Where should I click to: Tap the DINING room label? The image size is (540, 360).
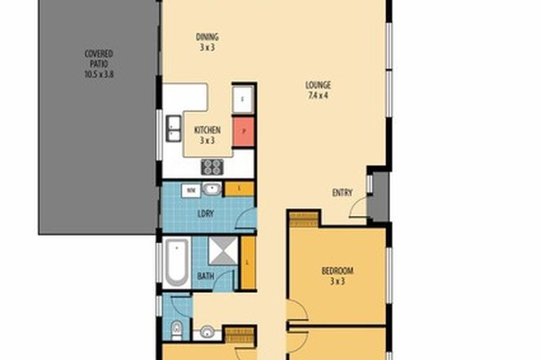point(207,36)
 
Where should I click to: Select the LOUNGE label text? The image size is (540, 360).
point(319,84)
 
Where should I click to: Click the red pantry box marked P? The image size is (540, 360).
point(242,132)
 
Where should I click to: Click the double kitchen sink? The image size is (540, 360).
point(174,127)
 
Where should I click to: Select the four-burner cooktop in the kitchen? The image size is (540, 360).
point(212,167)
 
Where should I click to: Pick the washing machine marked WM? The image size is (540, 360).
point(190,190)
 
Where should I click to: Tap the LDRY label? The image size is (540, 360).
point(206,215)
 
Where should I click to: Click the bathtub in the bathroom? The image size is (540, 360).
point(178,262)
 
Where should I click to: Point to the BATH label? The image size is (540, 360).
point(205,277)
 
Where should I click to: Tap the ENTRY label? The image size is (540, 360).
point(342,193)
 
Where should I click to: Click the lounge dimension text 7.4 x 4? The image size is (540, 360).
point(319,95)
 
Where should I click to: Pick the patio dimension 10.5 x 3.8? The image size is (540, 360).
point(99,73)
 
